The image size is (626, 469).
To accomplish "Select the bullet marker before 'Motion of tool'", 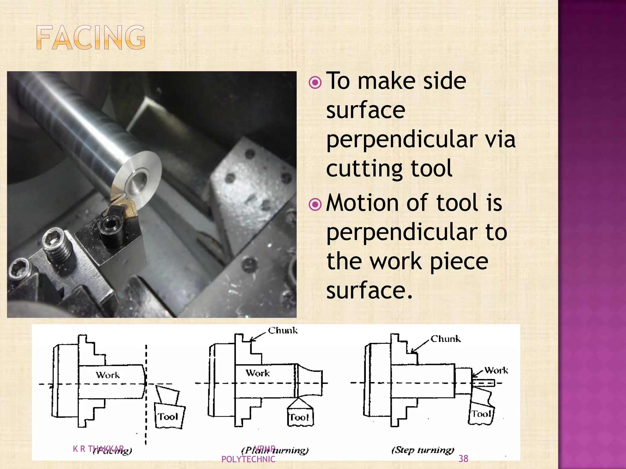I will (315, 205).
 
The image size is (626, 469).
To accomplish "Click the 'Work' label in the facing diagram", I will (108, 375).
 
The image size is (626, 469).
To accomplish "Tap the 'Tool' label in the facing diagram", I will (168, 417).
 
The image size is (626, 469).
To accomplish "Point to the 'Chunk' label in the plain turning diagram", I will (282, 330).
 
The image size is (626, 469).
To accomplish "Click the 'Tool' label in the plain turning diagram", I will (299, 417).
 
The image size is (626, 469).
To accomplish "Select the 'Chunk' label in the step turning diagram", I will (445, 339).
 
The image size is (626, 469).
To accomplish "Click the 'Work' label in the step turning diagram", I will (496, 370).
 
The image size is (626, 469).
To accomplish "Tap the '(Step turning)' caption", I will (423, 450).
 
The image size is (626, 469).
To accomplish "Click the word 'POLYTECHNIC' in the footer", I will (248, 459).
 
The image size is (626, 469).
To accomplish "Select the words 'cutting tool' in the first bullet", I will (389, 169).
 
